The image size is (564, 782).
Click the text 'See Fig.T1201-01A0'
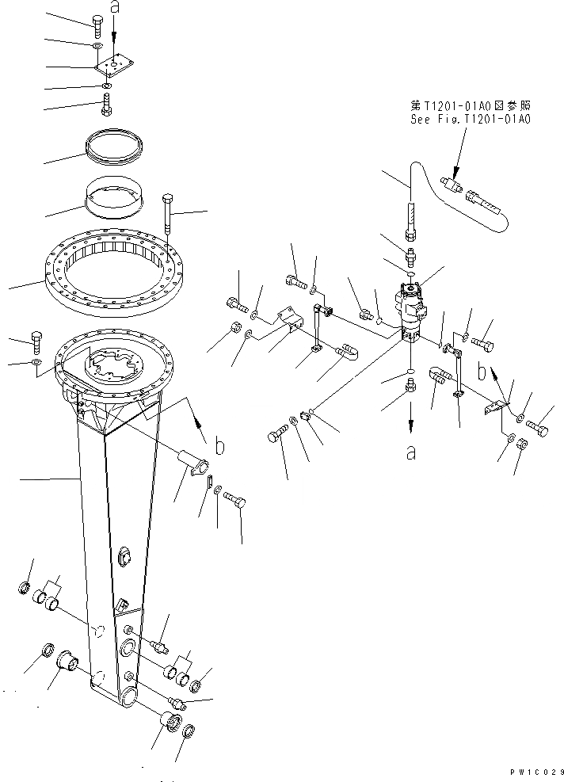pos(471,119)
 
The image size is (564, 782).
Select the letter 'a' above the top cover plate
pos(114,9)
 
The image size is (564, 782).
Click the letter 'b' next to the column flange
pos(219,447)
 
